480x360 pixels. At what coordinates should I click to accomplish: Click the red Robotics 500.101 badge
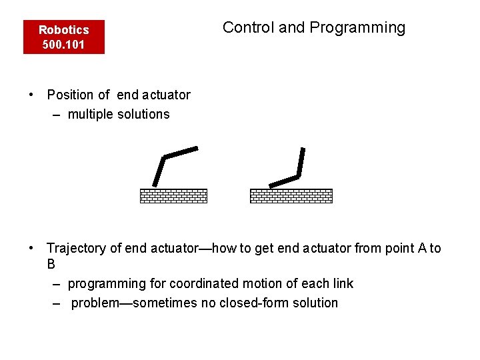[x=64, y=37]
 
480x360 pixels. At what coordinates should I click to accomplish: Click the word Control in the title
[x=248, y=27]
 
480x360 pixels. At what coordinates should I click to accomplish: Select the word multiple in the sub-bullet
[x=91, y=114]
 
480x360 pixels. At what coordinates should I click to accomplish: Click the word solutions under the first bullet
[x=143, y=114]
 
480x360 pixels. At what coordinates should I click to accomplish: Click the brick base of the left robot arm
[x=173, y=195]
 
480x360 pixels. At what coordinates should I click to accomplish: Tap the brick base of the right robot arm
[x=291, y=195]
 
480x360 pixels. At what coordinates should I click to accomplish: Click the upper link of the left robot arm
[x=181, y=152]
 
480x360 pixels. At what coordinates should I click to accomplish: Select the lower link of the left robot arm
[x=159, y=171]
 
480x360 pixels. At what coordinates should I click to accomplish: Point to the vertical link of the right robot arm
[x=301, y=161]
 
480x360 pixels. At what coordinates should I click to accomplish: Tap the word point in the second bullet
[x=399, y=249]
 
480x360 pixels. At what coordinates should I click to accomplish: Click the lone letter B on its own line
[x=51, y=264]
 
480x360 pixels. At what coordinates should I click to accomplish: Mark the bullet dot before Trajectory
[x=31, y=248]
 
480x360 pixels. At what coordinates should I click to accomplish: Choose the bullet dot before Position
[x=31, y=94]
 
